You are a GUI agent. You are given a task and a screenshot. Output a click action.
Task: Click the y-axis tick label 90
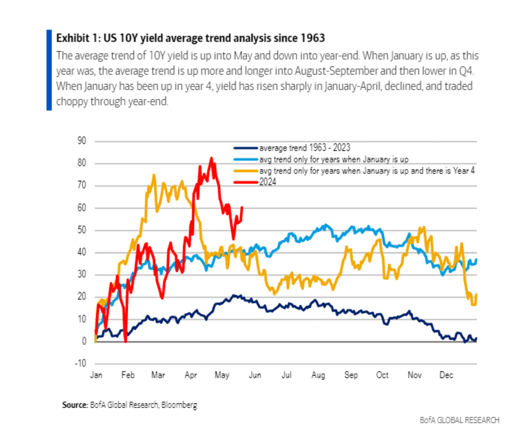(82, 141)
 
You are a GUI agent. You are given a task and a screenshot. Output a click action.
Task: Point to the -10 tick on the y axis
(80, 363)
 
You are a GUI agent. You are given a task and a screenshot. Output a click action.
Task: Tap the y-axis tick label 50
(82, 230)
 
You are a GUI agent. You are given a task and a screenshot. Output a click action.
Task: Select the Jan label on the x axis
(96, 375)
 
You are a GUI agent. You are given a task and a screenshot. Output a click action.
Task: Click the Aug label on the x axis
(318, 375)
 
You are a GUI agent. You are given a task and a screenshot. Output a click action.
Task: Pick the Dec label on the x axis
(446, 375)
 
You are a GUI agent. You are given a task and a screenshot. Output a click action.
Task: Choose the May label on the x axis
(222, 375)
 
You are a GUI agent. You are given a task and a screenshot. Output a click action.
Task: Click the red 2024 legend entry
(267, 182)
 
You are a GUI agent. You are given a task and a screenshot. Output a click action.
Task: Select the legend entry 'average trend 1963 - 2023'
(304, 148)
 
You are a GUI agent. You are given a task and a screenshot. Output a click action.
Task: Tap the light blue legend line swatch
(246, 159)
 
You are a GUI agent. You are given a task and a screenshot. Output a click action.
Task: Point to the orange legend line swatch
(246, 171)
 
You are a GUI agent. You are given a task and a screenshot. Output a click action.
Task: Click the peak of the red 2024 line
(212, 158)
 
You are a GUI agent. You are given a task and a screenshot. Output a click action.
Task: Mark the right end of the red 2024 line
(242, 207)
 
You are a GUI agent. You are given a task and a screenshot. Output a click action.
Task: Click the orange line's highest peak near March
(154, 175)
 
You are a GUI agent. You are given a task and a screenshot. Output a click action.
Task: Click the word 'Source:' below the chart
(75, 405)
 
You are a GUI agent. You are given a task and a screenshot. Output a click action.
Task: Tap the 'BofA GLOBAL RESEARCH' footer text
(459, 420)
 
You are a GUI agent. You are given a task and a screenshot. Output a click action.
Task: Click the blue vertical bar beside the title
(49, 70)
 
